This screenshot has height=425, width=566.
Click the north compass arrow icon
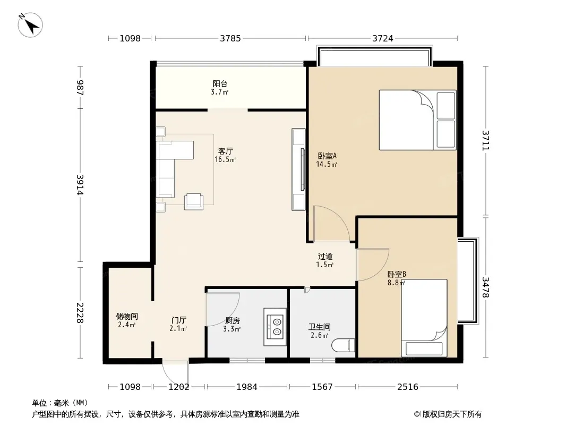pos(30,25)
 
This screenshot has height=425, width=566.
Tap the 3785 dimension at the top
pos(230,38)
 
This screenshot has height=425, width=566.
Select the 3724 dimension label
pos(383,38)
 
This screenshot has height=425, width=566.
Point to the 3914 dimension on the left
pos(80,185)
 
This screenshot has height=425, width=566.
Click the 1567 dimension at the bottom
pos(322,387)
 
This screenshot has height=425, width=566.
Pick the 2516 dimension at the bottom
pos(408,387)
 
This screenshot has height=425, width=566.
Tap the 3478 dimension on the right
pos(485,287)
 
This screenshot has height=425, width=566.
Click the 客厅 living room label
pos(225,151)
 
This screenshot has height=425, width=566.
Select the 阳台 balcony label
pos(220,84)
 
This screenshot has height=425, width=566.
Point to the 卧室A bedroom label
pos(327,156)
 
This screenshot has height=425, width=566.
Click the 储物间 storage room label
pos(127,316)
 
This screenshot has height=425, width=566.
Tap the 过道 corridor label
pos(325,257)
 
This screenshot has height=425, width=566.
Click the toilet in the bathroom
pos(344,345)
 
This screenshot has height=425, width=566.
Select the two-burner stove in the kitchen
pos(275,327)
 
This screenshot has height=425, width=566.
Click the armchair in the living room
pos(194,202)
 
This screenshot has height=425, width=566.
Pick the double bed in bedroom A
pos(418,120)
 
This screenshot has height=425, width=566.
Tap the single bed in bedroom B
pos(424,318)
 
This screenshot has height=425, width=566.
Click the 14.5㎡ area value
pos(327,165)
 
